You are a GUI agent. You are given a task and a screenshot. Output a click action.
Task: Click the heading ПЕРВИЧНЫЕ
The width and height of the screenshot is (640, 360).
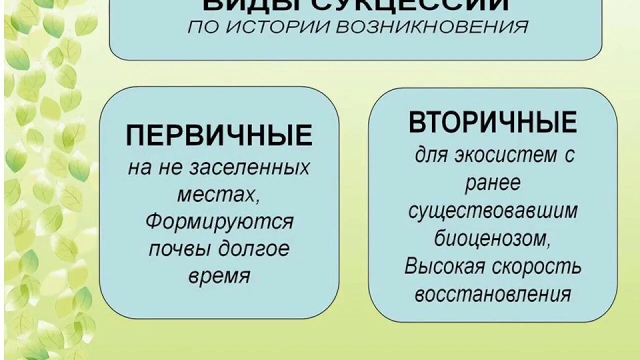coord(219,135)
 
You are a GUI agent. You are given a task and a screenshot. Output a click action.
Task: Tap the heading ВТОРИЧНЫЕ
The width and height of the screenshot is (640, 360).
coord(492,122)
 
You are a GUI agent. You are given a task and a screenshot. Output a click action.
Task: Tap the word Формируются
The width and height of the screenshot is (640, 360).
coord(219,221)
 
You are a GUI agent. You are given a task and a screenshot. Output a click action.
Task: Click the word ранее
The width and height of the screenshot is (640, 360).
coord(492,183)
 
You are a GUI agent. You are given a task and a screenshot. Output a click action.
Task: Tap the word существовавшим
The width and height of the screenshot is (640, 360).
coord(492,211)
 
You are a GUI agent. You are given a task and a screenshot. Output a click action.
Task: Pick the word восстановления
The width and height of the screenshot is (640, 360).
coord(492,294)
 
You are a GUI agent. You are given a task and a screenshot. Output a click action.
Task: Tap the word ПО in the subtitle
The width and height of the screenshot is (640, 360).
coord(199,27)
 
